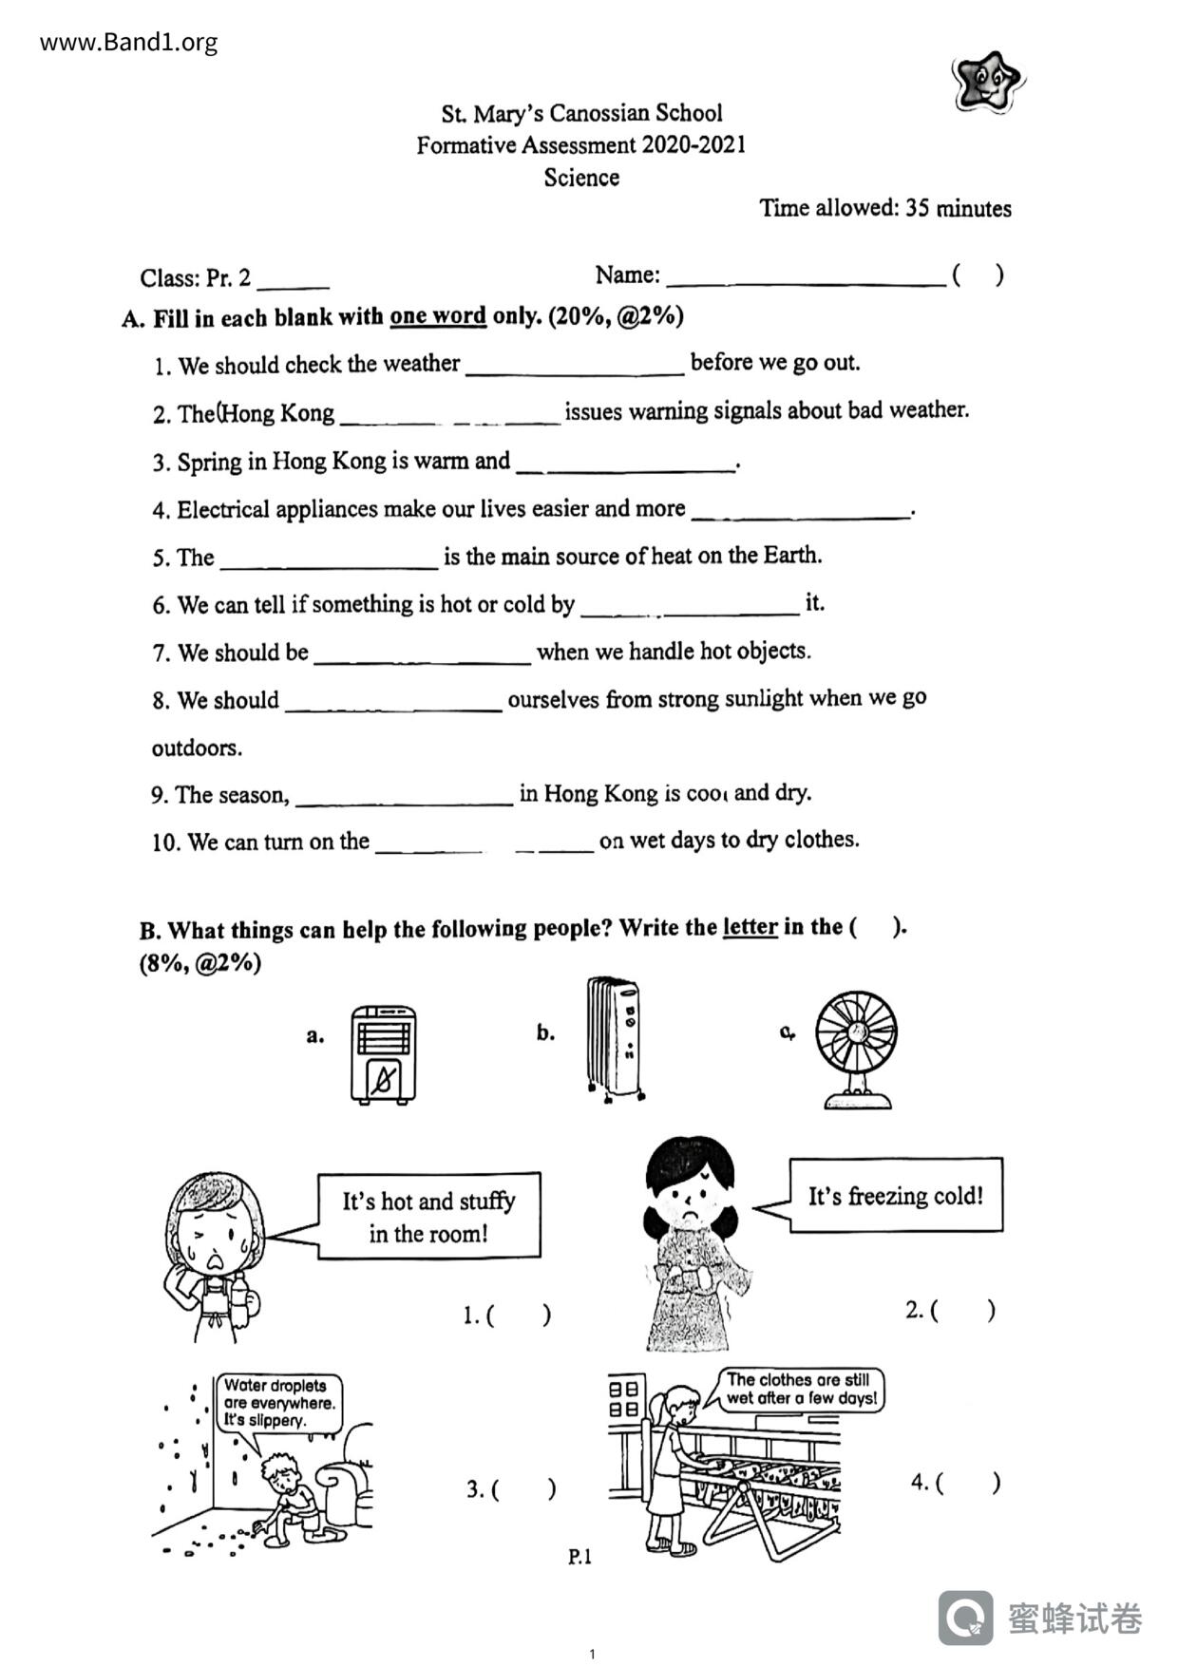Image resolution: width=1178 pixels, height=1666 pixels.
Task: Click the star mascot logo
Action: [988, 83]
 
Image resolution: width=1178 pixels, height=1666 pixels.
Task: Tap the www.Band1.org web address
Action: [129, 43]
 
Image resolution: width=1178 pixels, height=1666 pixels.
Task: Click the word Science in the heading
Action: [581, 178]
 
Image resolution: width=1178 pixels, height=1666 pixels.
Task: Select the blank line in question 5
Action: [329, 564]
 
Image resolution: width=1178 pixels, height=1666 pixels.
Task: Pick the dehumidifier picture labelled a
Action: [384, 1054]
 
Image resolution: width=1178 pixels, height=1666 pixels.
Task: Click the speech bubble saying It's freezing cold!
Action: [895, 1196]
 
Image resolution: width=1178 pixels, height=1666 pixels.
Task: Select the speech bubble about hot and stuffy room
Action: [428, 1217]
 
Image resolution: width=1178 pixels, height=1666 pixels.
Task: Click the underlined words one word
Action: [438, 315]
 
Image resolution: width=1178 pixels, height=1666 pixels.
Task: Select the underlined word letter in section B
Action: [750, 927]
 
